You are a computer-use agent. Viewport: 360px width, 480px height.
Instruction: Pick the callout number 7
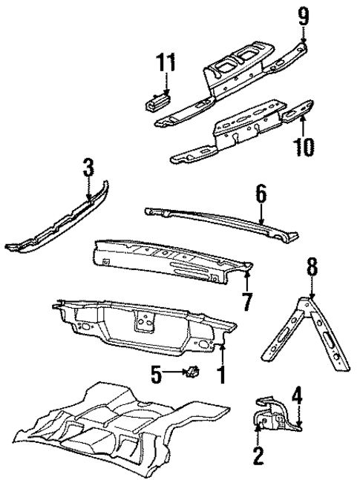[x=247, y=302]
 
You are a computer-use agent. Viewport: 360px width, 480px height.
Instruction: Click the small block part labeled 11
[x=158, y=100]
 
